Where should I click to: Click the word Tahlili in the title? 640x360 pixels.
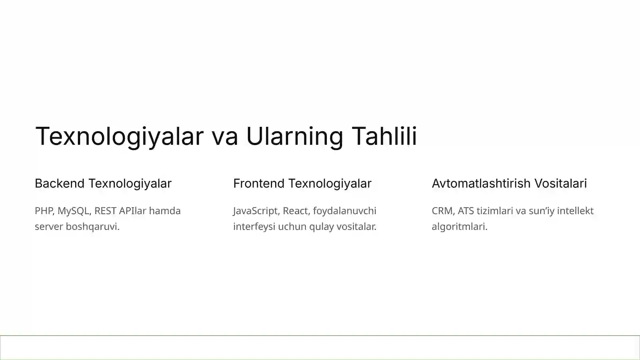[384, 136]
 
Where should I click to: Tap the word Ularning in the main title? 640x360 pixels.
[294, 136]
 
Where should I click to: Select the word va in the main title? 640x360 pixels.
[224, 136]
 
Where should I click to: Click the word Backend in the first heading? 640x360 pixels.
[60, 183]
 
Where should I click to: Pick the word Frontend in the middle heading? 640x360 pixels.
[258, 183]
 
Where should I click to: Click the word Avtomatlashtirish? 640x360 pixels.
[481, 183]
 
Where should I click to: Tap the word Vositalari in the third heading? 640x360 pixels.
[560, 183]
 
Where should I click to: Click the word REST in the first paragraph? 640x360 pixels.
[105, 211]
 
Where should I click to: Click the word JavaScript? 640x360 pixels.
[255, 211]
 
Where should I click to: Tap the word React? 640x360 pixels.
[296, 211]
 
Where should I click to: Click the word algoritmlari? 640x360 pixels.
[459, 226]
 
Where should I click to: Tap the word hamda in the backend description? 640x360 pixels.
[165, 211]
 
